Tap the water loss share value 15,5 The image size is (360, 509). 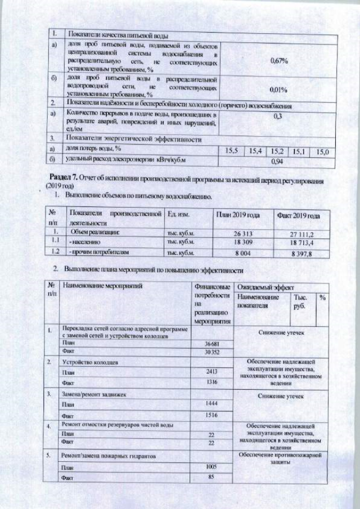point(232,151)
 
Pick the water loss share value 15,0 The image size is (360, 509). point(323,152)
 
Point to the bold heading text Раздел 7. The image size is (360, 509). point(64,178)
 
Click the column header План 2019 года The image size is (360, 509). point(237,215)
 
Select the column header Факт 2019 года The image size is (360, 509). point(298,216)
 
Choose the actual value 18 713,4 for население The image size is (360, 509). point(301,243)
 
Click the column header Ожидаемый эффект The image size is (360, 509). point(263,286)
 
